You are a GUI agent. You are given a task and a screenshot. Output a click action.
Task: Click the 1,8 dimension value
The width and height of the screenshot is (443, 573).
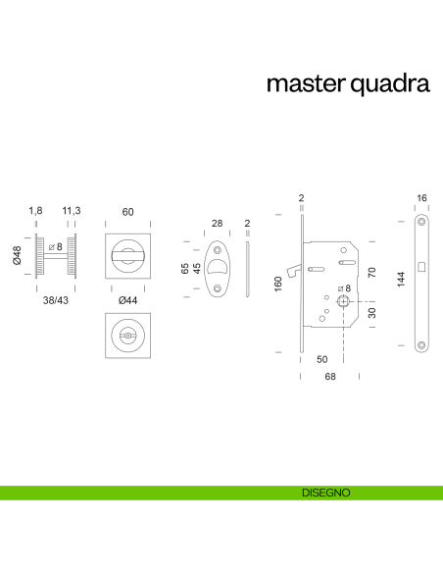(36, 211)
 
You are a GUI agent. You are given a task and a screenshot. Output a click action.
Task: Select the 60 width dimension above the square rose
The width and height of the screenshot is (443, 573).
(127, 211)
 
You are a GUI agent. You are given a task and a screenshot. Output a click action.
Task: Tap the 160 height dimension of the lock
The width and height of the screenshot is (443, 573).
(278, 283)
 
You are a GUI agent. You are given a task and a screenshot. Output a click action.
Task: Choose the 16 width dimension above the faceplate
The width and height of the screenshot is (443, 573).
(421, 199)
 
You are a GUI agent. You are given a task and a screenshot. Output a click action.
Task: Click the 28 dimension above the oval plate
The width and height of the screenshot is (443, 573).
(218, 224)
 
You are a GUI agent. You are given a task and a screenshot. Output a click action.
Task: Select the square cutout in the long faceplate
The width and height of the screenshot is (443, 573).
(421, 267)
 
